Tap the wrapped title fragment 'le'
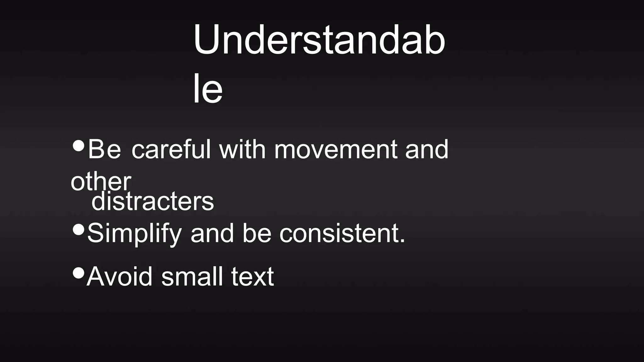pos(208,89)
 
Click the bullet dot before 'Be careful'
pos(78,145)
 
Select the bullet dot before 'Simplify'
pos(78,229)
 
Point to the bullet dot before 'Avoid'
pos(78,272)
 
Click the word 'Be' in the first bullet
pos(104,149)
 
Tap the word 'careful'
pos(171,149)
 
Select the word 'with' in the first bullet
pos(242,149)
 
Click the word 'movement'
pos(335,150)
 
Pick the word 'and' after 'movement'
pos(426,150)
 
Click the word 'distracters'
pos(153,201)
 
